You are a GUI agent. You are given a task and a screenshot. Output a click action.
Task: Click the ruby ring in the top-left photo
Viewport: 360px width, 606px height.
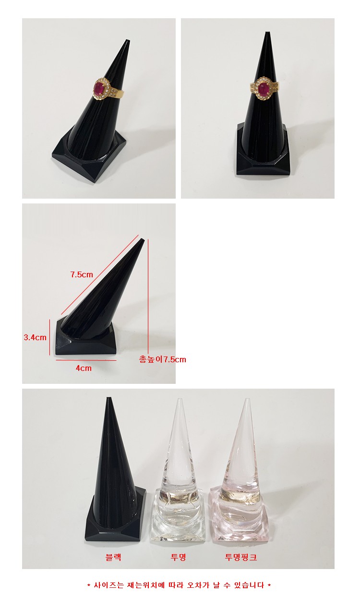click(x=107, y=89)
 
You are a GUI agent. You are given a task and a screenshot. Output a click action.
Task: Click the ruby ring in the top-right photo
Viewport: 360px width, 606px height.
click(x=264, y=88)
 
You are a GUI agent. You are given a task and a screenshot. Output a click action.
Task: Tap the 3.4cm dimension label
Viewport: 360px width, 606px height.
click(x=35, y=337)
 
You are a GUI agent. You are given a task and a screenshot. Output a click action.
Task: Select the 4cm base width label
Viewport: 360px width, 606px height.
click(x=84, y=368)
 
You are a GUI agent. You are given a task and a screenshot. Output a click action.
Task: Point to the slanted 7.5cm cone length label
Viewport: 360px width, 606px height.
click(x=82, y=274)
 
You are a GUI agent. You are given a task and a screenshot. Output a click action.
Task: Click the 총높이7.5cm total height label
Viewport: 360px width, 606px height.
click(x=162, y=359)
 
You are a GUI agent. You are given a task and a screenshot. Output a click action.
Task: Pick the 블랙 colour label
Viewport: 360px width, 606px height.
click(x=113, y=557)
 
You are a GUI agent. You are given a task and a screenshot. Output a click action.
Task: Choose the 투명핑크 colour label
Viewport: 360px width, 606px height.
click(x=240, y=557)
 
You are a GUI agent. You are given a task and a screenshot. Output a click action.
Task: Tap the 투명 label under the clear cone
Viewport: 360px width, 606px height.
click(x=179, y=557)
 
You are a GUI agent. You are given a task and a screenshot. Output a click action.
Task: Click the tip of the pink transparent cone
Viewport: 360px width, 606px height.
click(x=247, y=399)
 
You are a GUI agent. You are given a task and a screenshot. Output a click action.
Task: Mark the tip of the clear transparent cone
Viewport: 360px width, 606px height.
click(x=180, y=399)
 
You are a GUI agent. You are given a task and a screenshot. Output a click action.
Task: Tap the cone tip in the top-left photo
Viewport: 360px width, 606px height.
click(x=127, y=41)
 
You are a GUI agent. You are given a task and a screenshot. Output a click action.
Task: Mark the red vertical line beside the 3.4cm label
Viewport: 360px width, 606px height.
click(x=50, y=337)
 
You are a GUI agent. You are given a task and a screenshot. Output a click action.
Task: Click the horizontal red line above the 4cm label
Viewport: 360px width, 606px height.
click(x=86, y=360)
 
